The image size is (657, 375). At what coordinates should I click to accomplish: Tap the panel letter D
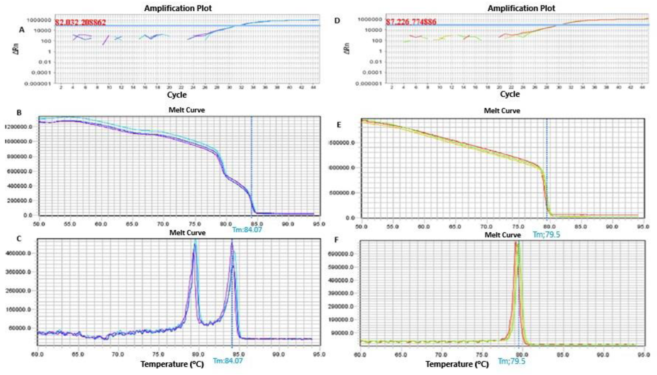(x=337, y=21)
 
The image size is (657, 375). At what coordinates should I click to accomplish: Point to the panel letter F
(x=336, y=240)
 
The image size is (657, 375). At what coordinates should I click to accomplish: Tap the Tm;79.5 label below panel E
(x=546, y=234)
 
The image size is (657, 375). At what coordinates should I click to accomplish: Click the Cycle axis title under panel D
(x=510, y=94)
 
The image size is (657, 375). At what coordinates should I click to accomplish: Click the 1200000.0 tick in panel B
(x=19, y=127)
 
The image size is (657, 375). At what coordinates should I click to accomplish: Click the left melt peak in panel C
(x=195, y=245)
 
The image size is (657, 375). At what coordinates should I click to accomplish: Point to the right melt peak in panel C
(x=232, y=243)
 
